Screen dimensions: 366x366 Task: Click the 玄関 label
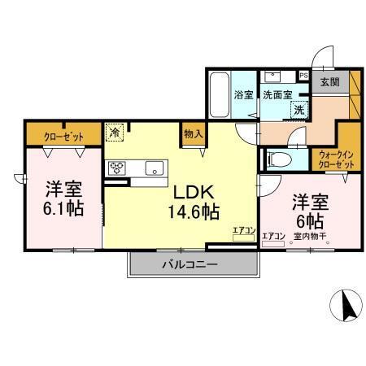pyautogui.click(x=329, y=81)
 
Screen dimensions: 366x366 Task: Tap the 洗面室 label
pyautogui.click(x=277, y=94)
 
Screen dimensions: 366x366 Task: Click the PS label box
pyautogui.click(x=303, y=76)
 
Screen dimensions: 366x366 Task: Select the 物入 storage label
pyautogui.click(x=193, y=133)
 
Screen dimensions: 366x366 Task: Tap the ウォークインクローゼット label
pyautogui.click(x=333, y=159)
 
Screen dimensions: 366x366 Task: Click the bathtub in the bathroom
pyautogui.click(x=219, y=94)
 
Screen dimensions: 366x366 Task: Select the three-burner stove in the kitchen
pyautogui.click(x=117, y=168)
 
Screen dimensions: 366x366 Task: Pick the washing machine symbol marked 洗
pyautogui.click(x=298, y=108)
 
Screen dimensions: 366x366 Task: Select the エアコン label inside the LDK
pyautogui.click(x=243, y=231)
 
